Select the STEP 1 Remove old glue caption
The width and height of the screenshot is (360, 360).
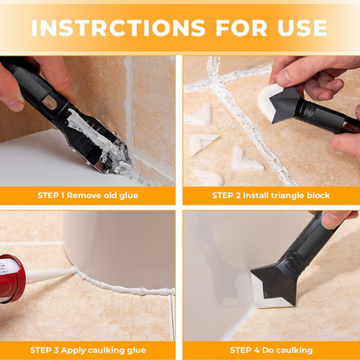click(x=89, y=196)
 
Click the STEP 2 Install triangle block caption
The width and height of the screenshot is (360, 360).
click(x=270, y=196)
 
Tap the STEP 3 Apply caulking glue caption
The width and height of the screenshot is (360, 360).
click(x=89, y=350)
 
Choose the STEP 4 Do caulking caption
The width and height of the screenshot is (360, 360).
click(x=270, y=350)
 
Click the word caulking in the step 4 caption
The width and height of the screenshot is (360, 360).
click(x=292, y=350)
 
